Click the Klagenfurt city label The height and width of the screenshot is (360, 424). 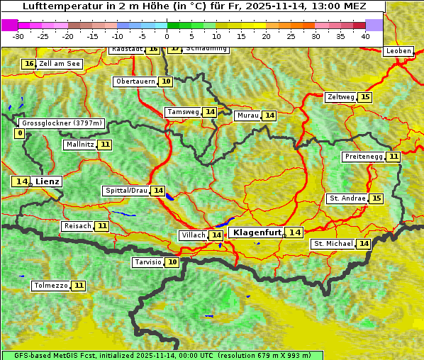point(257,232)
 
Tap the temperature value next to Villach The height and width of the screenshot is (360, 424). point(216,235)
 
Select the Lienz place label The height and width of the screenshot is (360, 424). point(48,181)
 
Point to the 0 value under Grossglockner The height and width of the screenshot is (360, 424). point(20,133)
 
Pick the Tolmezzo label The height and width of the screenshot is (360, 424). point(50,286)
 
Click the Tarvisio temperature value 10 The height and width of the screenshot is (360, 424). point(172,262)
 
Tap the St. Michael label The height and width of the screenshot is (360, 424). point(333,244)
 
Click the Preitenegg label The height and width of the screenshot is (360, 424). point(364,157)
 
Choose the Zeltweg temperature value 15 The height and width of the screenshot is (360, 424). point(365,97)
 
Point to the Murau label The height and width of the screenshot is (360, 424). point(248,116)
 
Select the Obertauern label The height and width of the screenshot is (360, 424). point(135,81)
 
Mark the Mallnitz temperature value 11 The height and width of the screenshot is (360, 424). point(105,145)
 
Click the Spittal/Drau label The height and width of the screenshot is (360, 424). point(126,191)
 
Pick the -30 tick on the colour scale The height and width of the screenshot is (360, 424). point(18,36)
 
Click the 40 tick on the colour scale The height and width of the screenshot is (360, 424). point(365,36)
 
